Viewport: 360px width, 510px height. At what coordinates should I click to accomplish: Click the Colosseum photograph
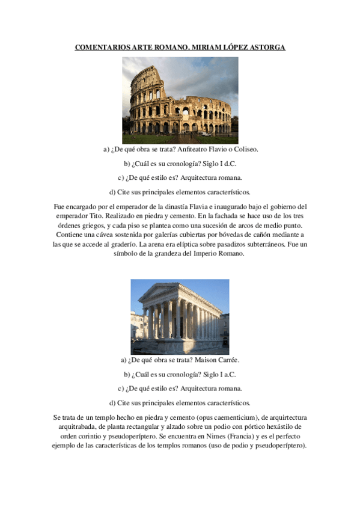point(180,96)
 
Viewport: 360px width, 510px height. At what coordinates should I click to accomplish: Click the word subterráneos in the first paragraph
point(264,244)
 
